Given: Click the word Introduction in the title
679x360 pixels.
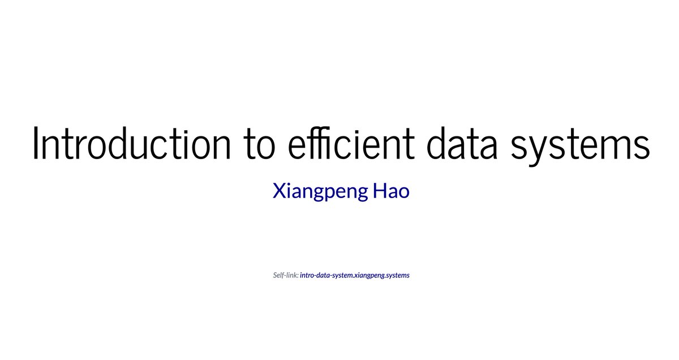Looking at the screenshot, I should [x=131, y=143].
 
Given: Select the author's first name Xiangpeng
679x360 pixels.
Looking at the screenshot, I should [x=319, y=192].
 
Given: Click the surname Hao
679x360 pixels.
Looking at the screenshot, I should [x=391, y=191].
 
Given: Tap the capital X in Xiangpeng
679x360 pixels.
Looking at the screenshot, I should [x=278, y=191].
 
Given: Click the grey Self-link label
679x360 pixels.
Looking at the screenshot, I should [x=286, y=276].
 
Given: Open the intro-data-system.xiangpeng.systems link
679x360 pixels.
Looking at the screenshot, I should [x=355, y=276].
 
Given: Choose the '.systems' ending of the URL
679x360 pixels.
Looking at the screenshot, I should [x=398, y=276].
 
